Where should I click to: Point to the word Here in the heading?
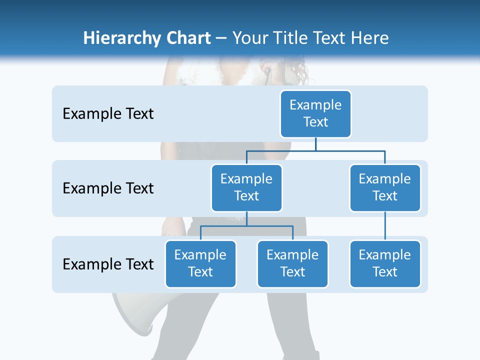tap(369, 38)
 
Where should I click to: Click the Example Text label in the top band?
tap(108, 114)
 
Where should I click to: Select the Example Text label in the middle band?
tap(108, 188)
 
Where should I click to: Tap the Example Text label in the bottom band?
tap(108, 264)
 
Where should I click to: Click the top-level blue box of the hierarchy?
tap(315, 114)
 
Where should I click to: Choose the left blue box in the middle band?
tap(246, 188)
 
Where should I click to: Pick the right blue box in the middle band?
tap(385, 188)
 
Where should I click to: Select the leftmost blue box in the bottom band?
tap(200, 264)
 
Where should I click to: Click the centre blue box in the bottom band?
tap(292, 264)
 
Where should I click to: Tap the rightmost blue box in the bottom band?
tap(385, 264)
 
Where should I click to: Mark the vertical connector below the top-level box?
tap(315, 144)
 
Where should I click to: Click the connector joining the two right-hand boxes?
tap(385, 226)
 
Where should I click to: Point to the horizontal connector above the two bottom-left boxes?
tap(246, 226)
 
